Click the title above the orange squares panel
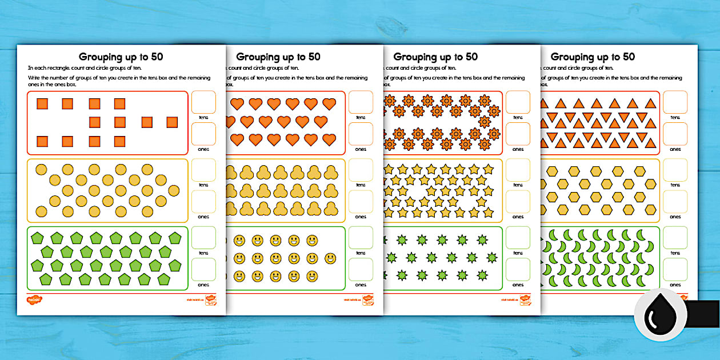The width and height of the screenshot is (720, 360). point(121,57)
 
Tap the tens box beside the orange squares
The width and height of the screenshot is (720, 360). point(203,102)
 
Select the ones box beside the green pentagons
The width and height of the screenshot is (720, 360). point(203,270)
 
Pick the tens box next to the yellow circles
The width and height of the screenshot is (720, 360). point(203,170)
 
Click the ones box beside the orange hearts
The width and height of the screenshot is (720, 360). point(361,134)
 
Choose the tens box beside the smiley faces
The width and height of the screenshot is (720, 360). point(361,238)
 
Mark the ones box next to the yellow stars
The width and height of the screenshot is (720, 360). point(518,202)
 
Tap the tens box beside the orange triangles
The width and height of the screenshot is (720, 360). point(675,102)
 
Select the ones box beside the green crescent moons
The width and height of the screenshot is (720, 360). point(675,270)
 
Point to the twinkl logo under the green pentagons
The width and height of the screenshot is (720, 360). point(35,299)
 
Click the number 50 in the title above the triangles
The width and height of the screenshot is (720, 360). point(625,57)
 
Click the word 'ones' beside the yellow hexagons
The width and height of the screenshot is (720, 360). point(675,217)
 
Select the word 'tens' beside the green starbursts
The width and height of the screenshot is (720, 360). point(518,253)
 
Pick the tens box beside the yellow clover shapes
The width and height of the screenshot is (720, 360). point(361,170)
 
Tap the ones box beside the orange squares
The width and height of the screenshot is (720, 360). point(203,134)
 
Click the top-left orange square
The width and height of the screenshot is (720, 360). point(42,103)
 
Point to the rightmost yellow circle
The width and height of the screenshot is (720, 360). point(173,190)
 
